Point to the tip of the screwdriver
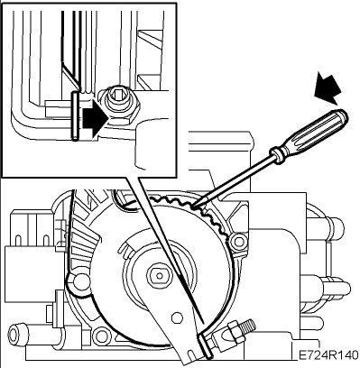[x=191, y=207]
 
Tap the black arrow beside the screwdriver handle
[x=328, y=87]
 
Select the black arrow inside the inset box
[x=96, y=121]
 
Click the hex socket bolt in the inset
[x=122, y=104]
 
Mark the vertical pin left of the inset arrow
[x=75, y=115]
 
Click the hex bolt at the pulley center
[x=159, y=275]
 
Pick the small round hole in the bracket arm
[x=177, y=317]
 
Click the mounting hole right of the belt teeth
[x=239, y=241]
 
